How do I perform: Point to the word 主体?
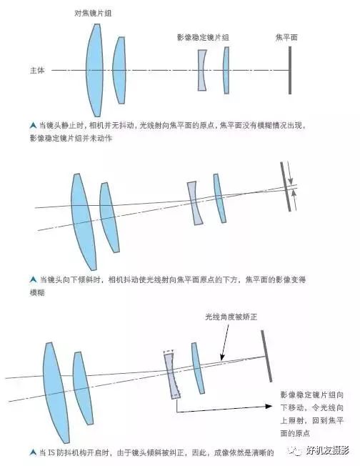coord(37,70)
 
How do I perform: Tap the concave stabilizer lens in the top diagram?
coord(202,70)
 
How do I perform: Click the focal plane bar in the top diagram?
coord(290,70)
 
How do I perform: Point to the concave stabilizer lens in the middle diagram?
coord(194,203)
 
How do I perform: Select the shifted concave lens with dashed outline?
coord(171,375)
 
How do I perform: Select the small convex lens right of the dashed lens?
coord(198,368)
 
